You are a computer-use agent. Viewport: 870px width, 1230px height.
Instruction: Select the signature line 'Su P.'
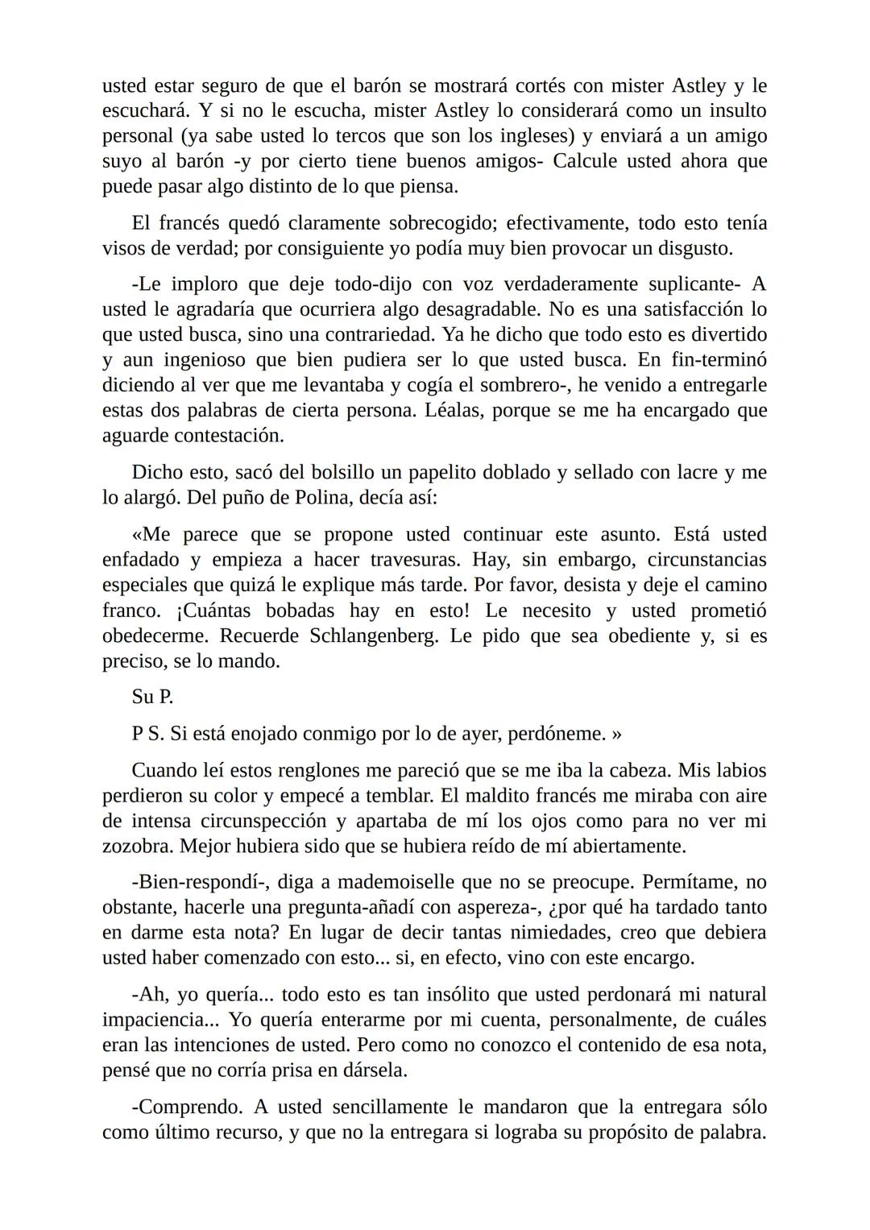[152, 698]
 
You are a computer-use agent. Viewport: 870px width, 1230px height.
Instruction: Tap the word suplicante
[685, 284]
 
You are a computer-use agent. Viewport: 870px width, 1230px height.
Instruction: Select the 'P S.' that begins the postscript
[148, 735]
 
